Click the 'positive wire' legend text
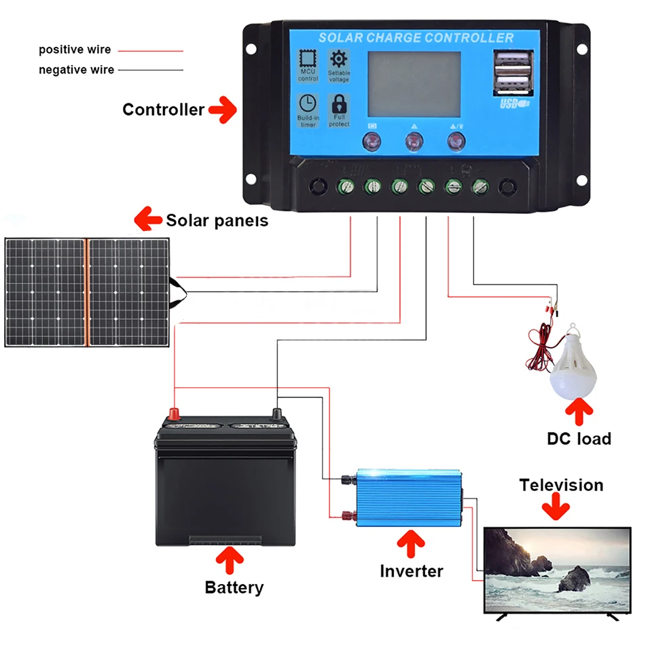pos(75,50)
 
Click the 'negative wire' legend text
pos(76,70)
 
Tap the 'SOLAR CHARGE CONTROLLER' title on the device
pos(416,37)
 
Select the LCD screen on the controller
pos(414,84)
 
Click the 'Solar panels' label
pos(217,220)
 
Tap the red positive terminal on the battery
pos(174,414)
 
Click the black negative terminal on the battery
pos(277,414)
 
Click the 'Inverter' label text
pos(412,571)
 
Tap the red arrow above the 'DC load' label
pos(579,410)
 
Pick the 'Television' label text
pos(561,485)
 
